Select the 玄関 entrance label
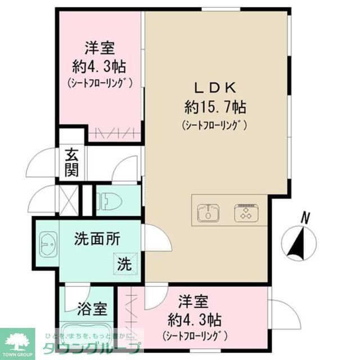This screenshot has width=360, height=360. pyautogui.click(x=71, y=161)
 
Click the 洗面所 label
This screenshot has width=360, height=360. pyautogui.click(x=97, y=239)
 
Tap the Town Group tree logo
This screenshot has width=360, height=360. pyautogui.click(x=17, y=341)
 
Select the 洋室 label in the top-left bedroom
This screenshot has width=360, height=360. pyautogui.click(x=99, y=48)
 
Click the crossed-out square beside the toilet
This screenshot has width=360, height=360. pyautogui.click(x=69, y=200)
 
